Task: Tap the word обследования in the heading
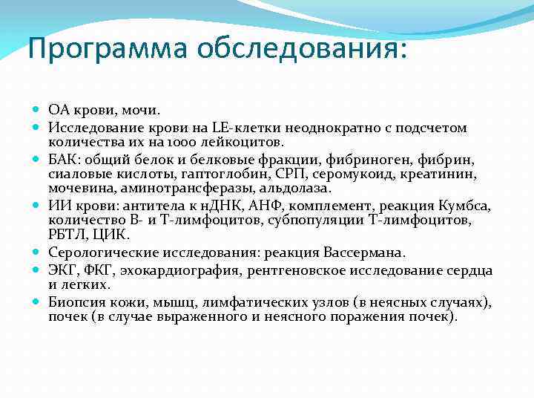pyautogui.click(x=301, y=49)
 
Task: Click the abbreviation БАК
pyautogui.click(x=64, y=159)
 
